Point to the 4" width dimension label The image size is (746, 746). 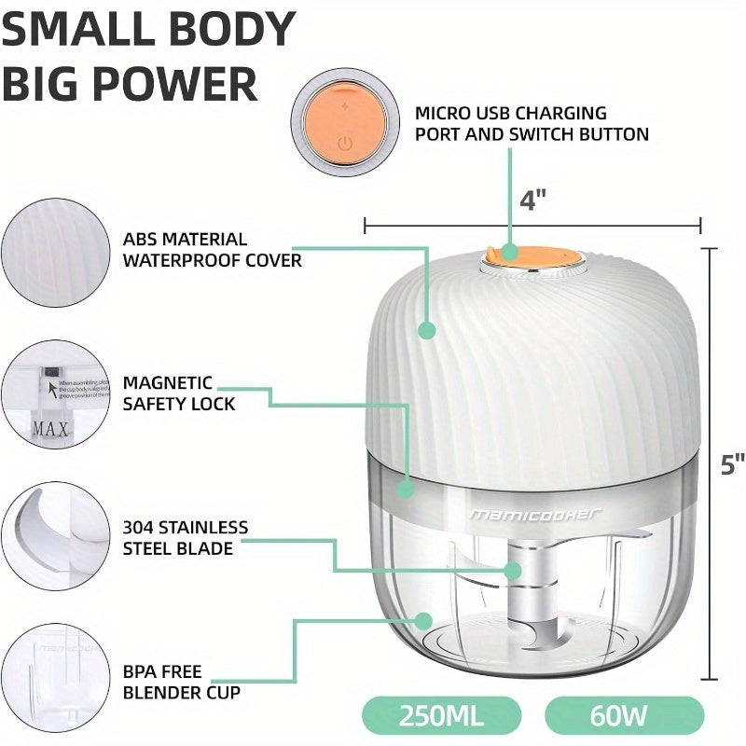(532, 200)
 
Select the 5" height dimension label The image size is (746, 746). (733, 463)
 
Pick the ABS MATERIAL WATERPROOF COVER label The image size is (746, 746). (212, 250)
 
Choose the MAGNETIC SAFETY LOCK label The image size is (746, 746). (179, 394)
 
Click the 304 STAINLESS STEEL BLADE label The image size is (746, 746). (186, 538)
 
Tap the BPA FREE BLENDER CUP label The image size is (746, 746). (181, 682)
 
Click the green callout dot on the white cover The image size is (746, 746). (427, 329)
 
